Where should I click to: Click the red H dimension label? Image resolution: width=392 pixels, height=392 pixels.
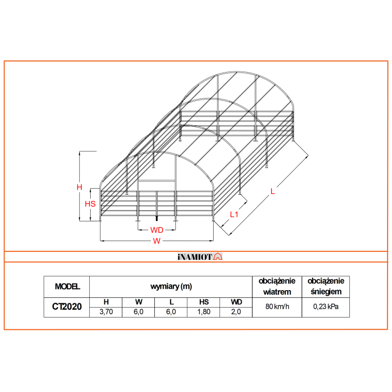tap(79, 187)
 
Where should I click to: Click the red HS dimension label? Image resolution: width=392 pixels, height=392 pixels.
tap(90, 204)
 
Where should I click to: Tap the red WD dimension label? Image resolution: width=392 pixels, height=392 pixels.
tap(157, 230)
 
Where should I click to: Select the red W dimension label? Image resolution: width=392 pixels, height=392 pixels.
tap(157, 241)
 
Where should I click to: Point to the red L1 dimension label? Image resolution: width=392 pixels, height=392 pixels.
tap(234, 214)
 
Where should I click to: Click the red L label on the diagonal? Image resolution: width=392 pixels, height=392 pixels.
tap(273, 192)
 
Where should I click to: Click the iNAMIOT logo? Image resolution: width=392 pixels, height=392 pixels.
tap(199, 257)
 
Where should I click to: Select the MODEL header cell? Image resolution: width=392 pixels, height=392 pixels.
tap(67, 287)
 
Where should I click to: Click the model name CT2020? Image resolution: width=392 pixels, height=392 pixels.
tap(67, 307)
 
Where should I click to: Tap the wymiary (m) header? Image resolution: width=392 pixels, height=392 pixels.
tap(171, 287)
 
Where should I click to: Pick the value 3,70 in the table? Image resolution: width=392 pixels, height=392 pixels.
tap(106, 312)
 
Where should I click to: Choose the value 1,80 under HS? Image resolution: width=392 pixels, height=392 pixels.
tap(204, 312)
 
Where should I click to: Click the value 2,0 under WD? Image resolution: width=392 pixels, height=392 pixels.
tap(236, 312)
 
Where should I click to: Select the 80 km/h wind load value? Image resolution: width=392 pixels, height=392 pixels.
tap(277, 307)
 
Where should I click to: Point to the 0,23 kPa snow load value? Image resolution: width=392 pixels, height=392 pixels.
tap(326, 307)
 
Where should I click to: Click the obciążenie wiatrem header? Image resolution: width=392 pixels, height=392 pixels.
tap(277, 286)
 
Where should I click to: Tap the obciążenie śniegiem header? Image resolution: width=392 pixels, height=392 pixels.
tap(326, 286)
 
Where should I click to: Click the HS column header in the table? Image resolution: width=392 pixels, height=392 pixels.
tap(204, 302)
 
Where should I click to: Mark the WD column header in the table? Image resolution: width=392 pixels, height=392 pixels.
tap(236, 302)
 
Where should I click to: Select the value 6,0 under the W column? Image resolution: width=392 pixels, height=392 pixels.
tap(139, 312)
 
